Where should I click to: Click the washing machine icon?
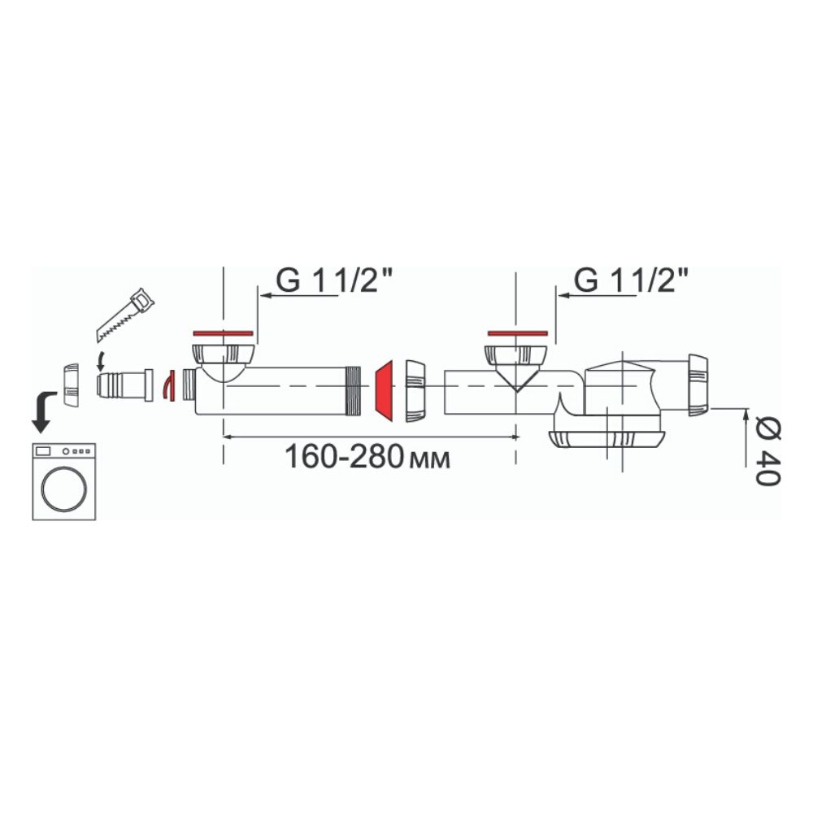pyautogui.click(x=63, y=481)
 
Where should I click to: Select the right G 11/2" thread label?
pyautogui.click(x=631, y=280)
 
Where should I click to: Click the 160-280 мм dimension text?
pyautogui.click(x=367, y=457)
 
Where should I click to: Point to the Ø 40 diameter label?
pyautogui.click(x=768, y=450)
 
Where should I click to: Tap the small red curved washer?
pyautogui.click(x=168, y=385)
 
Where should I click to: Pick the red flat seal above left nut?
pyautogui.click(x=223, y=333)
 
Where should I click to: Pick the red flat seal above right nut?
pyautogui.click(x=517, y=333)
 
